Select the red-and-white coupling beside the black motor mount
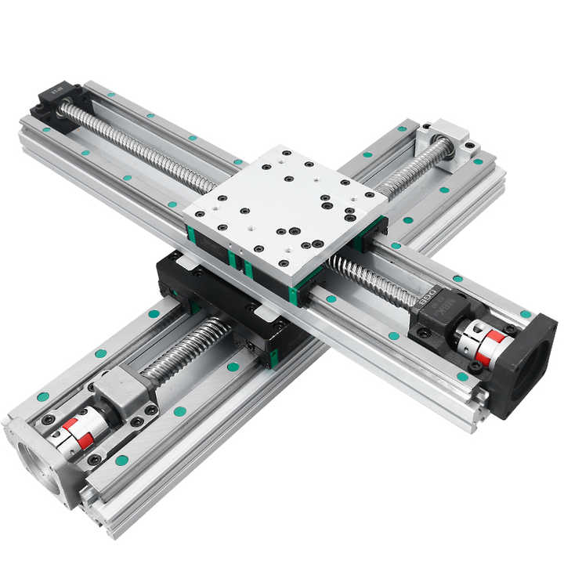(478, 344)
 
